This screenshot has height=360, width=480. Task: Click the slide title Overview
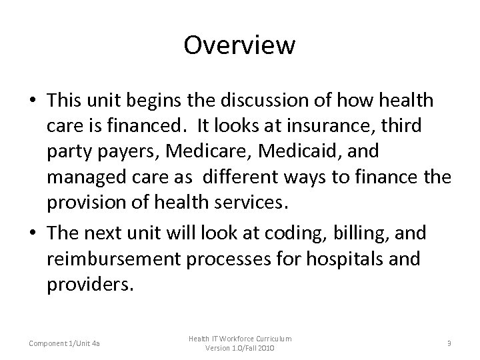[x=239, y=46]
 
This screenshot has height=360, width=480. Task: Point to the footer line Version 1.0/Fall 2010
[x=239, y=348]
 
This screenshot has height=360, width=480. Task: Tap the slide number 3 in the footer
[x=450, y=343]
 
